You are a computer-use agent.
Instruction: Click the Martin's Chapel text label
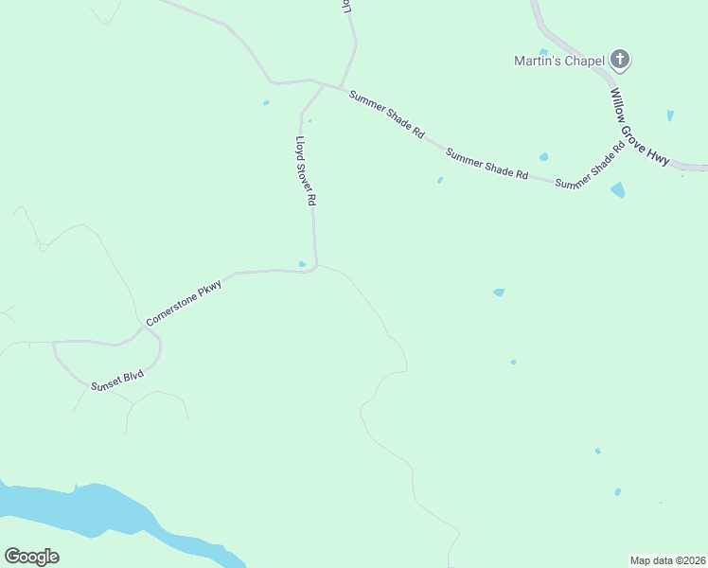tap(558, 61)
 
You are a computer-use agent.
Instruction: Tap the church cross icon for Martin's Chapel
tap(620, 61)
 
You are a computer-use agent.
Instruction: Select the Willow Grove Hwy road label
tap(640, 127)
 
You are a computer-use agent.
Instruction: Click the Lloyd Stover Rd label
tap(305, 171)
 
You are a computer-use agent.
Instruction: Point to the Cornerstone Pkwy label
tap(184, 303)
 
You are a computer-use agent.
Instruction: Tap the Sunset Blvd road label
tap(117, 381)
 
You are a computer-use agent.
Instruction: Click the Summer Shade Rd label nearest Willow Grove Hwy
tap(591, 168)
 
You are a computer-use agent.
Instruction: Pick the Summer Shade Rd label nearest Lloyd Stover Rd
tap(386, 115)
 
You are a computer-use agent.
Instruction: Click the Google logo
tap(31, 557)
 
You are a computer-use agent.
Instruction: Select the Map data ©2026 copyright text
tap(667, 559)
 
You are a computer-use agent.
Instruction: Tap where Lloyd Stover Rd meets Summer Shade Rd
tap(324, 86)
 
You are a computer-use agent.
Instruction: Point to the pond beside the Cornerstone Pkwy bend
tap(302, 264)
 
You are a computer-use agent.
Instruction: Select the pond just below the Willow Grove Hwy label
tap(618, 189)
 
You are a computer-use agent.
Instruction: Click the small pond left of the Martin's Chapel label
tap(543, 52)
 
